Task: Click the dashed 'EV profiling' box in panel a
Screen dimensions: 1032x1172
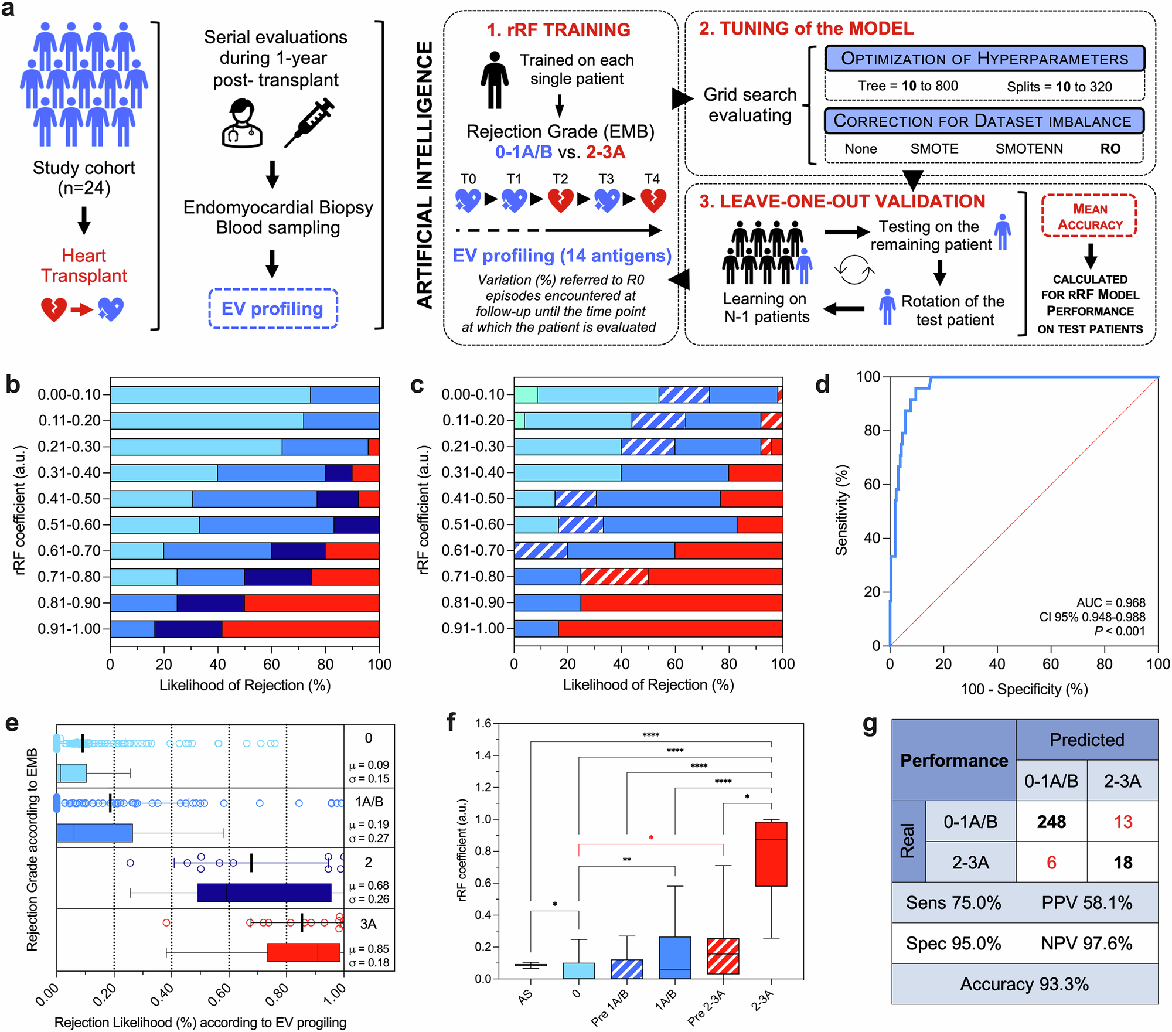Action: tap(273, 308)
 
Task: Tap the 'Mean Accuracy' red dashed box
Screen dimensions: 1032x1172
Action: tap(1089, 216)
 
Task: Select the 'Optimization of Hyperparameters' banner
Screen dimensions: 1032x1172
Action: tap(984, 59)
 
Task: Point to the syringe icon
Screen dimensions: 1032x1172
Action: tap(309, 123)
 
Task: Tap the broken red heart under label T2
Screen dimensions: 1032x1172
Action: tap(560, 200)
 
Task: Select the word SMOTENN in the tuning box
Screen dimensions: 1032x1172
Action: tap(1029, 149)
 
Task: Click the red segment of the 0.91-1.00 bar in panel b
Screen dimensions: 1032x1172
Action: tap(300, 629)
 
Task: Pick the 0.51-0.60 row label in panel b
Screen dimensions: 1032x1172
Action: tap(69, 524)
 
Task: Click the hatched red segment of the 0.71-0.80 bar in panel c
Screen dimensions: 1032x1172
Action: tap(614, 577)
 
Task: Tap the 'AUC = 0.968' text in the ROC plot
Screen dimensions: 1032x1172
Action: tap(1110, 602)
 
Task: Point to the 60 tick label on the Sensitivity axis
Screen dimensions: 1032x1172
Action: tap(871, 484)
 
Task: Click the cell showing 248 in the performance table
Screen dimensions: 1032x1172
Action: tap(1051, 822)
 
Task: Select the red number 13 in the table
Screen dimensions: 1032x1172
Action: tap(1123, 822)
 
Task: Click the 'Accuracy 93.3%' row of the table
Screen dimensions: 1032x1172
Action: tap(1024, 984)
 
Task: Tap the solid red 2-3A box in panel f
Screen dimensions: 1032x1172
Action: tap(771, 853)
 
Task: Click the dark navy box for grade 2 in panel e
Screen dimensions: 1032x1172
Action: tap(264, 893)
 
